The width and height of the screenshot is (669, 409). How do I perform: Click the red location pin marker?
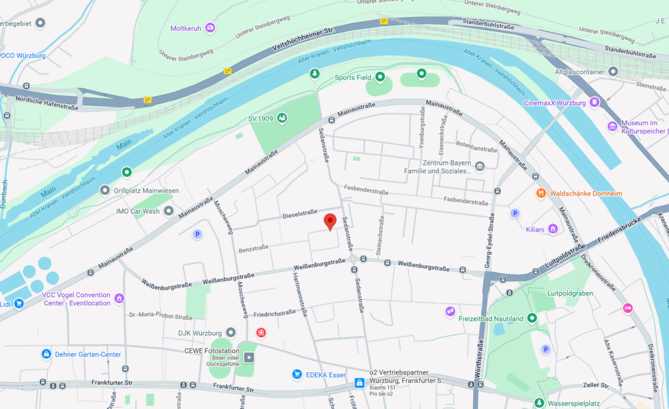(330, 221)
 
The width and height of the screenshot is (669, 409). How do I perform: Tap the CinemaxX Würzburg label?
(555, 103)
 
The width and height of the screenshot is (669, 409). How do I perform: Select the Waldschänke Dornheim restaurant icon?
(540, 193)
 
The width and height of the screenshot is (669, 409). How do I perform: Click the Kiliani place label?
(535, 229)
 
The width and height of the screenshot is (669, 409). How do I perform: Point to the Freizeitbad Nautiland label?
(491, 318)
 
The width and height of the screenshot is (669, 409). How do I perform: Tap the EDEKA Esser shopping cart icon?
(297, 374)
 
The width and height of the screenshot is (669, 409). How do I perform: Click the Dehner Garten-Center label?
(88, 355)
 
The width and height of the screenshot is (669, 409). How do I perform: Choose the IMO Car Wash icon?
(169, 211)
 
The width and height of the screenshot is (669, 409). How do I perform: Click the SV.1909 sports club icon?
(282, 118)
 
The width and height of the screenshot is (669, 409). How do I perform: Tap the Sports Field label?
(353, 78)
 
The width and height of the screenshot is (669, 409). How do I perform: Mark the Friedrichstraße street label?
(274, 313)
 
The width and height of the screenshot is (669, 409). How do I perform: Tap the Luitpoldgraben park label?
(570, 293)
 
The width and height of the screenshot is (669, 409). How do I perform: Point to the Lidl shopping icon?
(19, 303)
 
